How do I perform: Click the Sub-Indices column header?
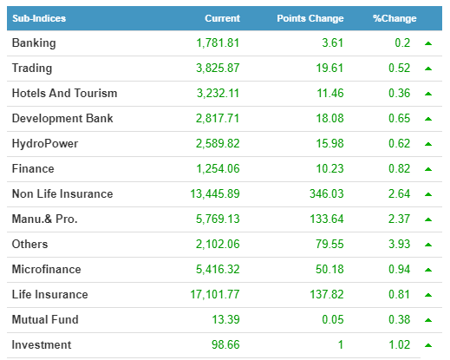tap(39, 18)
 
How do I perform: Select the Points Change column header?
tap(310, 18)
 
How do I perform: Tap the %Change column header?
tap(395, 18)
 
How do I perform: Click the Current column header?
tap(222, 18)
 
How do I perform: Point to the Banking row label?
tap(34, 43)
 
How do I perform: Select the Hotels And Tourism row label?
tap(64, 93)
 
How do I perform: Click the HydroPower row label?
tap(45, 144)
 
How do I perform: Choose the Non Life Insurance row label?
tap(62, 193)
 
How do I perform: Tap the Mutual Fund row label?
tap(45, 319)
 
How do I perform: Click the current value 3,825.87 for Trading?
tap(218, 69)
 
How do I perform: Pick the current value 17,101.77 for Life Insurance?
tap(215, 295)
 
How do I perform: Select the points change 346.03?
tap(327, 193)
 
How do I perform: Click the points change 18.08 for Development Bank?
tap(329, 118)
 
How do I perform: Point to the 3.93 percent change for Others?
tap(399, 244)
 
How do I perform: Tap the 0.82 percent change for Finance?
tap(399, 168)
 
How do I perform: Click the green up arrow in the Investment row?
tap(428, 345)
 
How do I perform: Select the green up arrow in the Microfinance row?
tap(428, 270)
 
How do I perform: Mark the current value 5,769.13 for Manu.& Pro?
tap(218, 219)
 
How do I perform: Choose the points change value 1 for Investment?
tap(341, 344)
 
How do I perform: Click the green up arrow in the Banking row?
tap(428, 43)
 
